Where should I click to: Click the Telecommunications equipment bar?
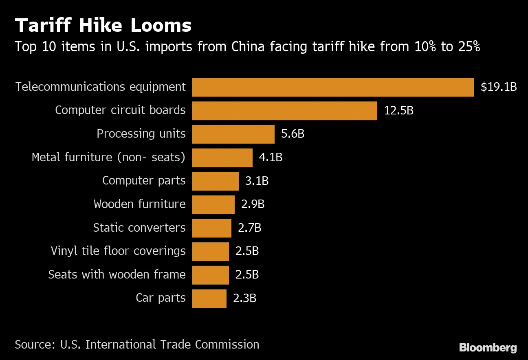pyautogui.click(x=333, y=87)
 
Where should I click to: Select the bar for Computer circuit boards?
pyautogui.click(x=284, y=111)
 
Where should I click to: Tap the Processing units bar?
pyautogui.click(x=233, y=134)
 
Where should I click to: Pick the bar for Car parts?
pyautogui.click(x=209, y=299)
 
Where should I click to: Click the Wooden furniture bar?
pyautogui.click(x=213, y=204)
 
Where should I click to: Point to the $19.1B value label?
pyautogui.click(x=499, y=87)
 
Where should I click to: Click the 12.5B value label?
pyautogui.click(x=398, y=111)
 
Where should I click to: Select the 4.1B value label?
pyautogui.click(x=271, y=158)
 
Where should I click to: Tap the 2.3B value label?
pyautogui.click(x=244, y=299)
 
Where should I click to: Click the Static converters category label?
pyautogui.click(x=139, y=228)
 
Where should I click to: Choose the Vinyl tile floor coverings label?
pyautogui.click(x=118, y=251)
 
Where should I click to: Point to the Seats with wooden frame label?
pyautogui.click(x=117, y=274)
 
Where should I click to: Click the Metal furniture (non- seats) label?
pyautogui.click(x=108, y=157)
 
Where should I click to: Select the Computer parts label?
pyautogui.click(x=144, y=181)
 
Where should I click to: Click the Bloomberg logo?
pyautogui.click(x=488, y=347)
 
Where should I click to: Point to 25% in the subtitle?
pyautogui.click(x=469, y=47)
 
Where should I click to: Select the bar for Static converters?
pyautogui.click(x=211, y=228)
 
